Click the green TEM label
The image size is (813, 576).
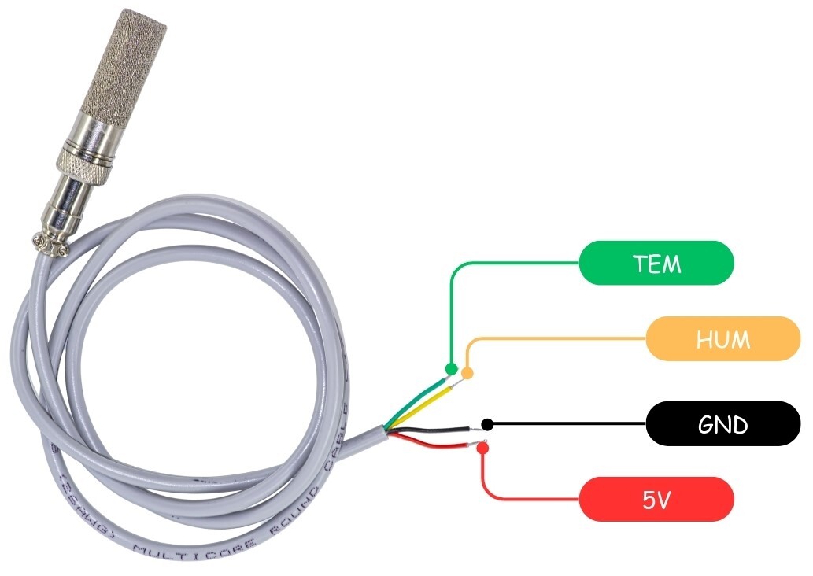pyautogui.click(x=656, y=263)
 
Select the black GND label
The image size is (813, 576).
pyautogui.click(x=722, y=424)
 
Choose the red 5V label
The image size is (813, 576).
pyautogui.click(x=656, y=499)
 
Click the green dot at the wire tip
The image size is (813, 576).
pyautogui.click(x=451, y=368)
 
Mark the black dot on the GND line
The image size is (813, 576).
pyautogui.click(x=487, y=425)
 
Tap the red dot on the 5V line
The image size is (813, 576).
pyautogui.click(x=482, y=449)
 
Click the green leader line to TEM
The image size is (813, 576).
pyautogui.click(x=512, y=264)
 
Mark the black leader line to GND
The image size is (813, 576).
pyautogui.click(x=567, y=425)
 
